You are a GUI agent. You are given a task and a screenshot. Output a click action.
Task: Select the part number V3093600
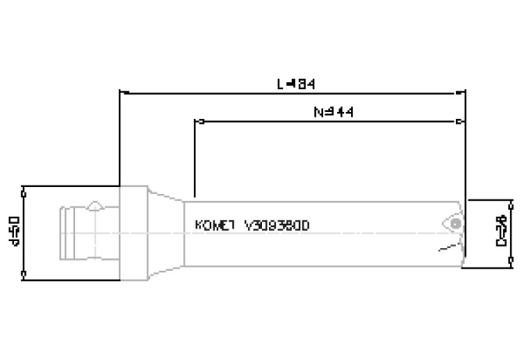[278, 225]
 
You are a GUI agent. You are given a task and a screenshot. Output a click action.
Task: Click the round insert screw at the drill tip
[454, 222]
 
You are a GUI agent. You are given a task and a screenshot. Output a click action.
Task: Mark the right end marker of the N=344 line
[458, 122]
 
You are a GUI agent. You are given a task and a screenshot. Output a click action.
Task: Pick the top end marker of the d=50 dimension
[25, 188]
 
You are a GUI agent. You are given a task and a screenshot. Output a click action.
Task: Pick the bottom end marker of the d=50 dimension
[25, 274]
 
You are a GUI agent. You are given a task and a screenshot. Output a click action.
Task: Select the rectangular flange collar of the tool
[133, 232]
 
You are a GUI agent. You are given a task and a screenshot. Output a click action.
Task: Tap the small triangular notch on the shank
[95, 205]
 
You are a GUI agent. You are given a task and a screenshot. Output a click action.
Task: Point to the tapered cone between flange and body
[166, 232]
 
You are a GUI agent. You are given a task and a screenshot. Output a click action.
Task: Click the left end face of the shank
[59, 232]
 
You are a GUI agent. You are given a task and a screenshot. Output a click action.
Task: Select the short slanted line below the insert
[445, 249]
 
